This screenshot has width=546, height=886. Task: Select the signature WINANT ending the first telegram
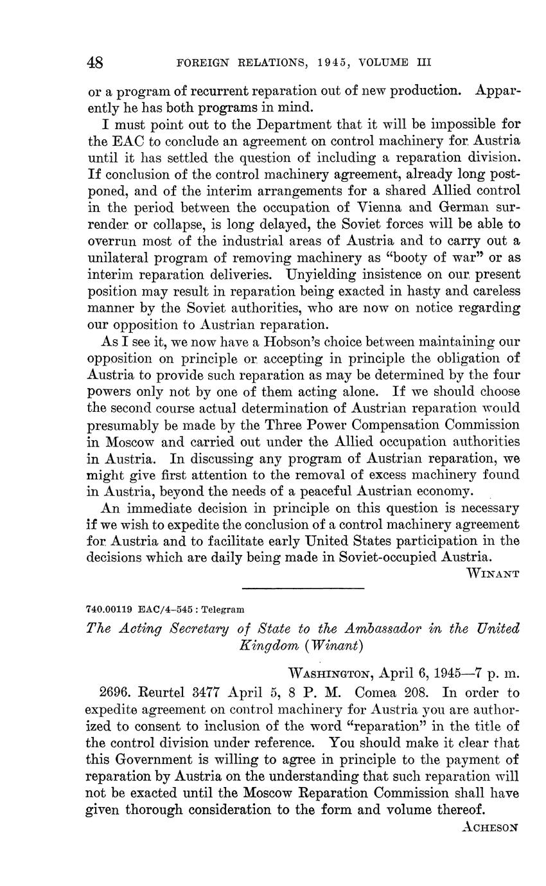pos(493,573)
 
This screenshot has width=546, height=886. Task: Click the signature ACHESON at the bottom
pos(489,828)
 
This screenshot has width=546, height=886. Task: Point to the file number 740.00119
pos(109,609)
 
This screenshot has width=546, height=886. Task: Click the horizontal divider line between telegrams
pos(303,588)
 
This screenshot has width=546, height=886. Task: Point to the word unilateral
pos(116,258)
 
